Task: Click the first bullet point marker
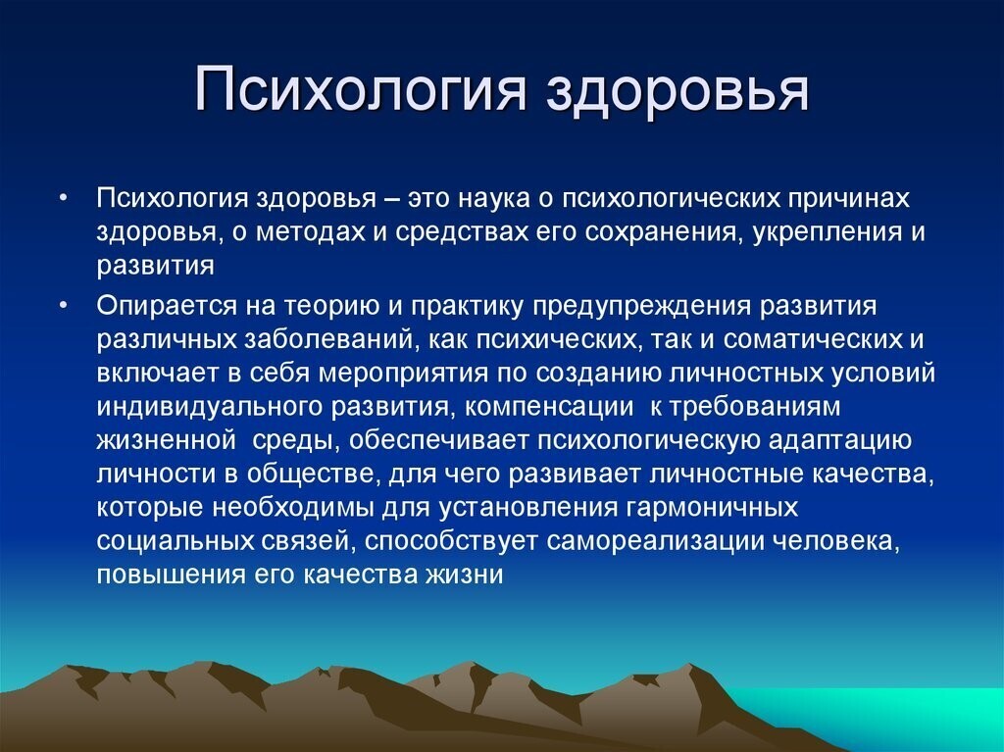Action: [x=63, y=199]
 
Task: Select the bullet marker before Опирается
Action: [x=63, y=305]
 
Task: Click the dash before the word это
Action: [x=390, y=199]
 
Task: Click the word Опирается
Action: [x=155, y=305]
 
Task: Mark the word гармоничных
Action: [x=710, y=509]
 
